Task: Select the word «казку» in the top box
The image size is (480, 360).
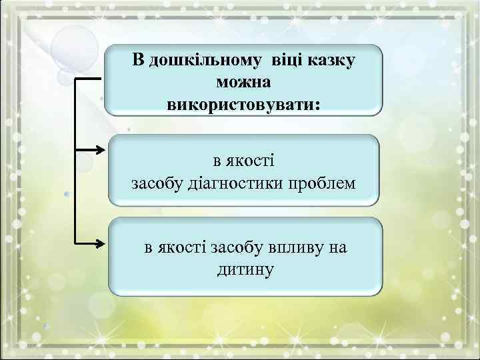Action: (x=333, y=61)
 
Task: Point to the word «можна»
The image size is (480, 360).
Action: (x=243, y=82)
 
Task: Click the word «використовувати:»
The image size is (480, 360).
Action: (x=243, y=104)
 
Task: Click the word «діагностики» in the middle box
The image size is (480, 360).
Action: (x=244, y=183)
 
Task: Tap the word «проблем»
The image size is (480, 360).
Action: (x=322, y=183)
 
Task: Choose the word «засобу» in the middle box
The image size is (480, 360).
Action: (x=156, y=183)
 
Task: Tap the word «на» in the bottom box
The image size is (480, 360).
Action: (x=338, y=248)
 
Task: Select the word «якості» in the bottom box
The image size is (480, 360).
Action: (x=181, y=248)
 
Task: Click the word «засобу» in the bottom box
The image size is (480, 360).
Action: (x=233, y=248)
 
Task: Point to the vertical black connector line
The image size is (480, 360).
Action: (x=75, y=160)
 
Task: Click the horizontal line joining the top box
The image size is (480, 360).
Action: (x=88, y=78)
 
